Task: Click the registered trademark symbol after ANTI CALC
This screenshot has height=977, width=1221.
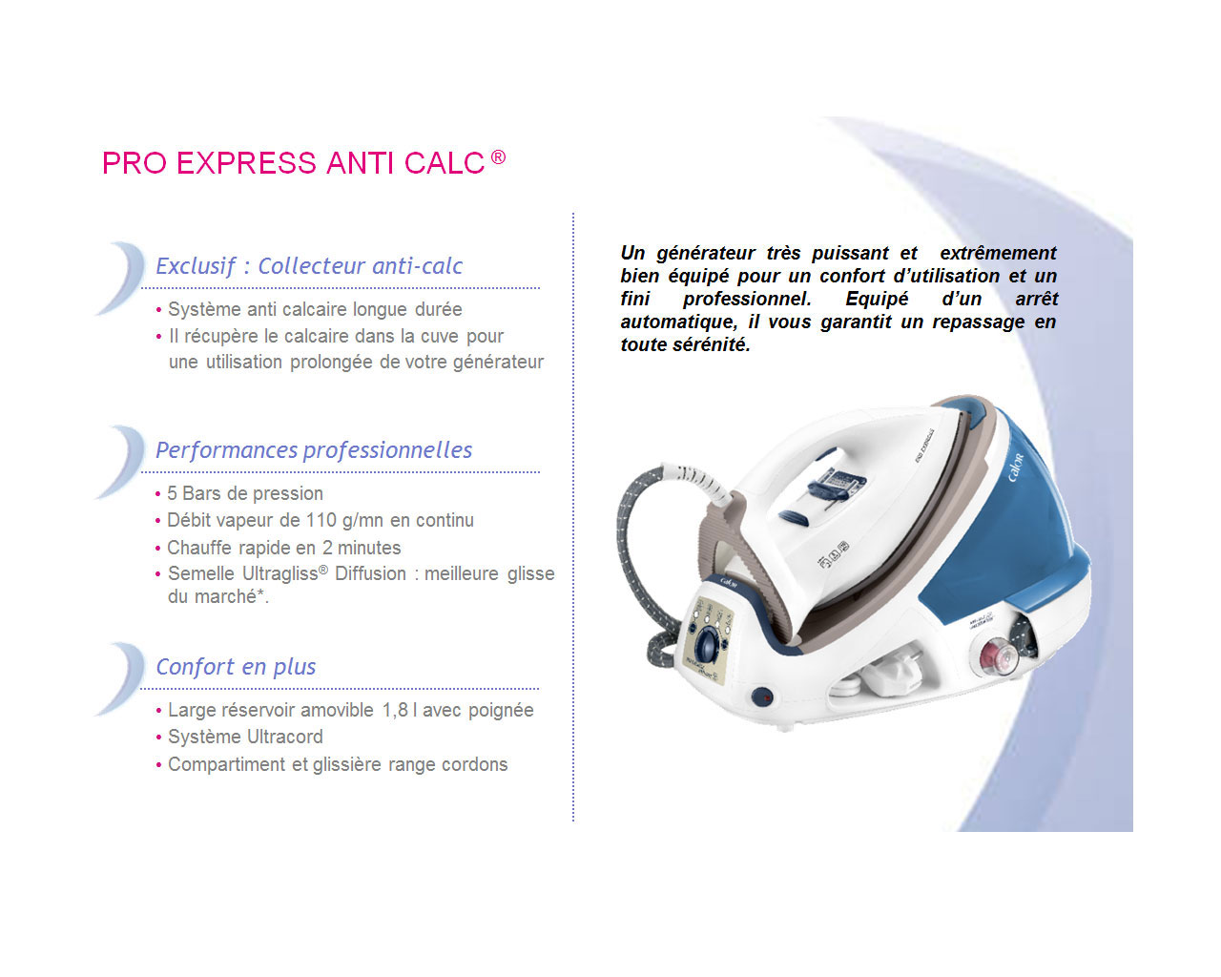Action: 498,156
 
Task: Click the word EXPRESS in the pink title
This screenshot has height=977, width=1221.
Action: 246,163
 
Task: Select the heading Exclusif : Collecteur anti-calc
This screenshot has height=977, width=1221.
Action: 309,265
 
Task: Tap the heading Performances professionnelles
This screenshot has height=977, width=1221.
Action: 314,450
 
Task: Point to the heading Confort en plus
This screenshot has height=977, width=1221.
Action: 236,667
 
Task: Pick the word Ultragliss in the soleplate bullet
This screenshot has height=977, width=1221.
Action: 279,574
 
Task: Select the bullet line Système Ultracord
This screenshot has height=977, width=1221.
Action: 245,737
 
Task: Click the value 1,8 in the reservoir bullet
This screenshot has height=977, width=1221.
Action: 395,710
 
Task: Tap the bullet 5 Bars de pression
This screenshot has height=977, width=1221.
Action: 244,493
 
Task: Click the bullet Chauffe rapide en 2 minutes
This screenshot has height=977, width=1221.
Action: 283,548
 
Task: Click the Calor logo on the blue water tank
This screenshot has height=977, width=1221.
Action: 1016,468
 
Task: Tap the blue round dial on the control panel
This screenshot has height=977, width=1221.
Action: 709,645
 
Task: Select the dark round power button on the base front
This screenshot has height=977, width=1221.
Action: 762,696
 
